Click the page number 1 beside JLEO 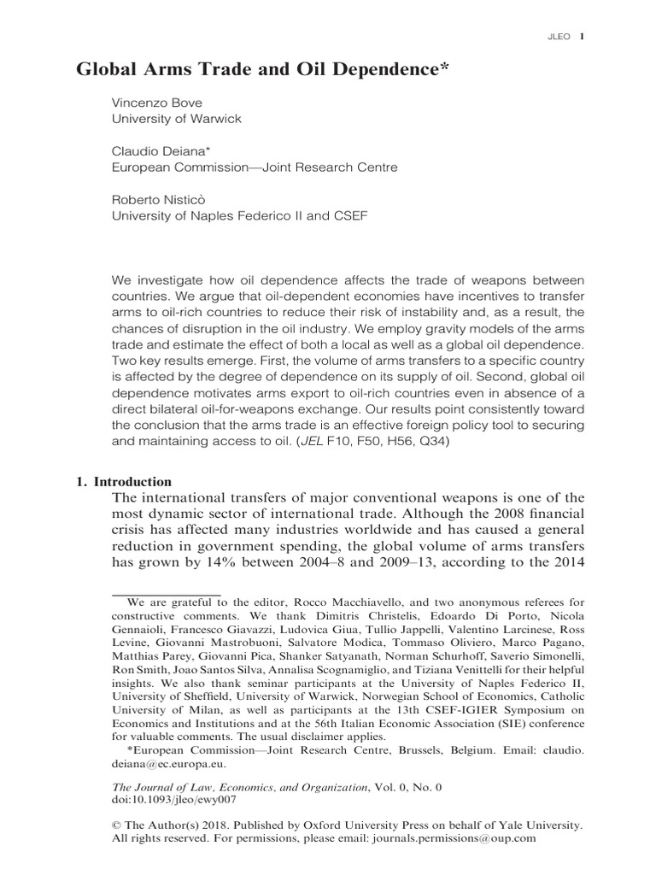pos(582,37)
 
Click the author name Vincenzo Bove pos(154,102)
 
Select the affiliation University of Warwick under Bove pos(177,119)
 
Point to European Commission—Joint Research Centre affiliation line pos(255,167)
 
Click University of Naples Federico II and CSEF pos(240,216)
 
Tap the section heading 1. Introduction pos(125,481)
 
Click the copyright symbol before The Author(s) pos(117,825)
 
